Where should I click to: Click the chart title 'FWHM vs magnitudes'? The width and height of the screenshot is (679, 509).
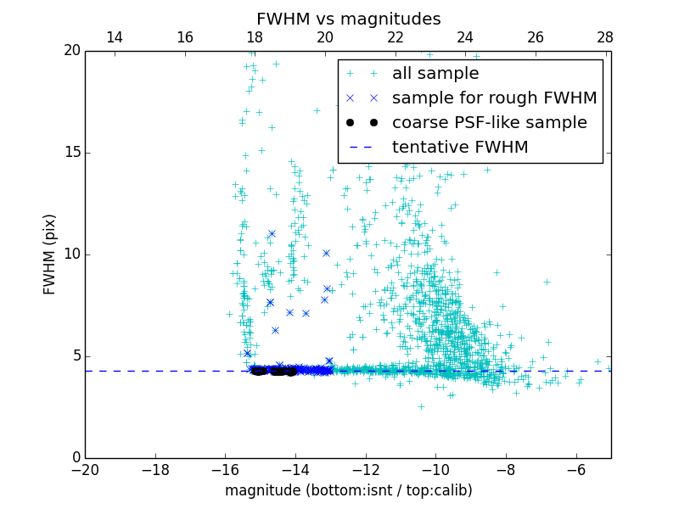click(348, 19)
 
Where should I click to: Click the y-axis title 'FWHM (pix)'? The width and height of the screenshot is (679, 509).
click(50, 254)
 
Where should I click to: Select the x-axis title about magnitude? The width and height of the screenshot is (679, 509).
click(348, 490)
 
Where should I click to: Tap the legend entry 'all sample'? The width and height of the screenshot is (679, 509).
click(435, 74)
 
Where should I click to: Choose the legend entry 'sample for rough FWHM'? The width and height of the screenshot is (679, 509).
click(494, 98)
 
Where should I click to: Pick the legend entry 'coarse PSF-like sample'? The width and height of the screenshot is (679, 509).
click(489, 123)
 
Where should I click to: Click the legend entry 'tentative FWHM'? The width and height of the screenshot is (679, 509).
click(460, 148)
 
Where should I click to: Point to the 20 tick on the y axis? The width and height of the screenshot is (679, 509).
click(71, 51)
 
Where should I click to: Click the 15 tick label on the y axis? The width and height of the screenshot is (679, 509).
click(71, 153)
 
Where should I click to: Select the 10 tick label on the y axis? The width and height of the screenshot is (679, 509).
click(71, 255)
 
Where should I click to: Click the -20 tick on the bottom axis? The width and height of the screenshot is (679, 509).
click(85, 469)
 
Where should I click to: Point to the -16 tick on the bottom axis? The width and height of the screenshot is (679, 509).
click(225, 469)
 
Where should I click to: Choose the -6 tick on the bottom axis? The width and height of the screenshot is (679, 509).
click(576, 469)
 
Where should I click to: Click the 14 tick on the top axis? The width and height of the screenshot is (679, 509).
click(115, 37)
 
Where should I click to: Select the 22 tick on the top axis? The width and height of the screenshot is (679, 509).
click(395, 37)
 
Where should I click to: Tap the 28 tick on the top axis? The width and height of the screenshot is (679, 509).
click(605, 37)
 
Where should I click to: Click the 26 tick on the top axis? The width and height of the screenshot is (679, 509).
click(535, 37)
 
